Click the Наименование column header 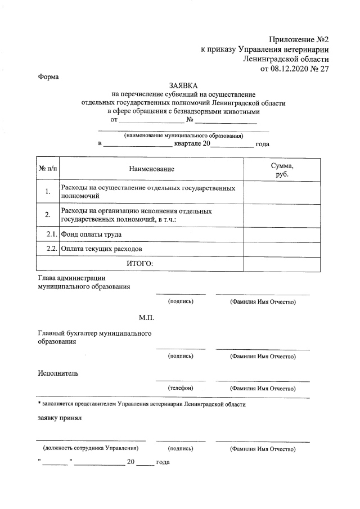(x=151, y=169)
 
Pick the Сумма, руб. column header (x=282, y=169)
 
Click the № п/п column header (x=48, y=169)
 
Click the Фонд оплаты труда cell (x=91, y=234)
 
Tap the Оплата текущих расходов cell (x=102, y=249)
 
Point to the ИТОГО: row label (x=137, y=263)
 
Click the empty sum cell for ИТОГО (x=282, y=263)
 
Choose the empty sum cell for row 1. (x=282, y=192)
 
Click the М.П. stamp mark (x=147, y=318)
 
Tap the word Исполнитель (x=58, y=373)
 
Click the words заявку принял (x=60, y=418)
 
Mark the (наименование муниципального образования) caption (x=183, y=136)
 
